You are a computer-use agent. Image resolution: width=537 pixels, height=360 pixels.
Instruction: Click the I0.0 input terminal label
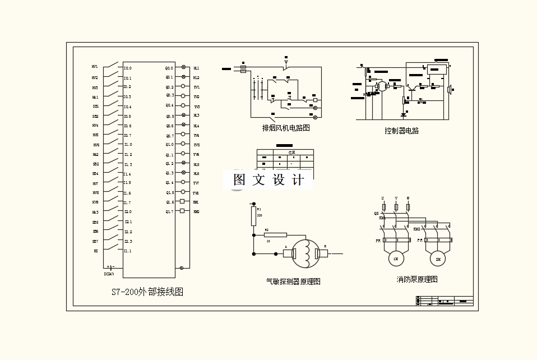pos(128,68)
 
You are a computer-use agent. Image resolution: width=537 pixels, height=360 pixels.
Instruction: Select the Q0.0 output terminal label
pos(169,68)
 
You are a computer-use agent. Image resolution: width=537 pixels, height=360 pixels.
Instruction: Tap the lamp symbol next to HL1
pos(183,67)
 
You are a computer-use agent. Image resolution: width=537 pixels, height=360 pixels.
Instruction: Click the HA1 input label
pos(95,97)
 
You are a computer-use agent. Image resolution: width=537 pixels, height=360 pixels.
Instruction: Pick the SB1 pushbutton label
pos(96,107)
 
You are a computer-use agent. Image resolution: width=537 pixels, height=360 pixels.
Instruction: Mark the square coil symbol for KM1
pos(182,201)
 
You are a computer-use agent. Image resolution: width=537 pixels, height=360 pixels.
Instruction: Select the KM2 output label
pos(196,212)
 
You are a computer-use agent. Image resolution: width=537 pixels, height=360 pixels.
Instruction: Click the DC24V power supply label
pos(109,274)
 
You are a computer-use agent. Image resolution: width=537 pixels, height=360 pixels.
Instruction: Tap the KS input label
pos(96,251)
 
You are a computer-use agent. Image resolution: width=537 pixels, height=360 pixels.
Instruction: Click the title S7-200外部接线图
pos(147,292)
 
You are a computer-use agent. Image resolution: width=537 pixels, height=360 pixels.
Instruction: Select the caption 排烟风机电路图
pos(286,128)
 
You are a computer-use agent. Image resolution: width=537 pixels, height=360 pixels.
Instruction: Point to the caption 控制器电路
pos(401,131)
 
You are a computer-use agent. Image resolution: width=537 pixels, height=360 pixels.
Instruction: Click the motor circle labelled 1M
pos(395,259)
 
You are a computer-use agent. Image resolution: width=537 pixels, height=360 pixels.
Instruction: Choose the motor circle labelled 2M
pos(437,259)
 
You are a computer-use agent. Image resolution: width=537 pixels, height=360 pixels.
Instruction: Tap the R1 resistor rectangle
pos(253,216)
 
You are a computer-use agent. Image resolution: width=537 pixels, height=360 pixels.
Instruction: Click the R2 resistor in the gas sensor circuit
pos(275,235)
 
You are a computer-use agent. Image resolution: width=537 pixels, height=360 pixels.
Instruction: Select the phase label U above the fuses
pos(383,199)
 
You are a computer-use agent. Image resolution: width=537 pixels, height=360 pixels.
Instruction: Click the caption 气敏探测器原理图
pos(293,281)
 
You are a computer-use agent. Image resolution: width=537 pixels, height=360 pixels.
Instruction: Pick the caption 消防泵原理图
pos(416,279)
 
